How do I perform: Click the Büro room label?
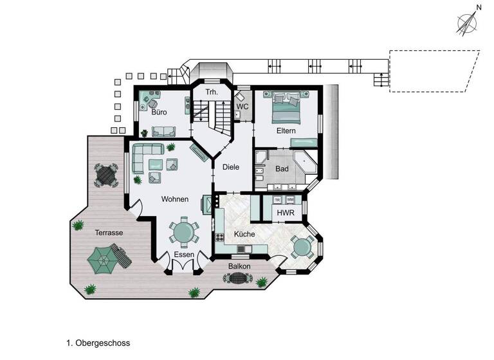coord(160,113)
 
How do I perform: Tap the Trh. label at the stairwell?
coord(212,93)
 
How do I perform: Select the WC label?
coord(242,106)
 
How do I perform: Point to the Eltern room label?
coord(286,130)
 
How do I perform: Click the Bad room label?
coord(282,169)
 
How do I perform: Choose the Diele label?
coord(230,167)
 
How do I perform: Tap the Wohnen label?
coord(175,199)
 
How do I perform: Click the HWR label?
coord(285,213)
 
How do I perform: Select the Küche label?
coord(244,234)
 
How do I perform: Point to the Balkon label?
coord(239,266)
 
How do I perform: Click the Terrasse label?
coord(109,233)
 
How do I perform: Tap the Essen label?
coord(184,255)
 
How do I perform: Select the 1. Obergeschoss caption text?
coord(98,343)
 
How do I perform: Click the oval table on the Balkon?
coord(237,278)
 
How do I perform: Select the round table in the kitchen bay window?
coord(302,246)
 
